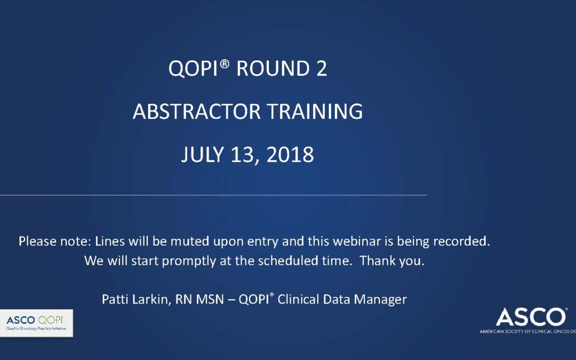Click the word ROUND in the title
click(273, 69)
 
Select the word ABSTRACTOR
click(196, 111)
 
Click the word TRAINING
click(315, 111)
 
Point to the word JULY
click(203, 154)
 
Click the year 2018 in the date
click(290, 154)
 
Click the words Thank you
click(392, 261)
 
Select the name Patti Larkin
click(134, 299)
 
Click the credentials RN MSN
click(199, 299)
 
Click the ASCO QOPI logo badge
click(36, 323)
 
